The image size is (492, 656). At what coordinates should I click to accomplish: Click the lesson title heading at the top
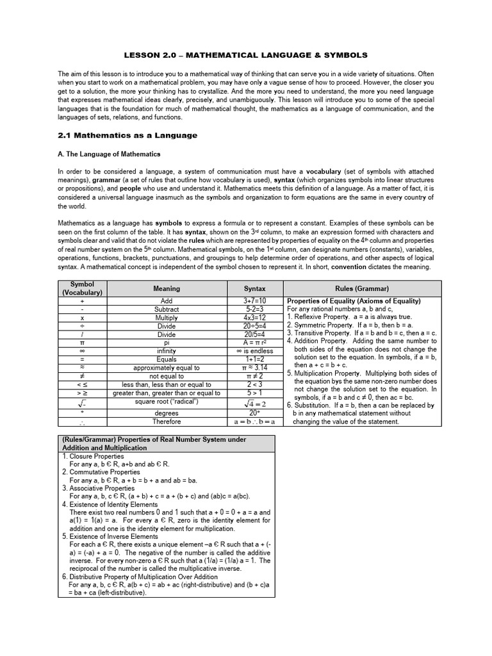coord(246,55)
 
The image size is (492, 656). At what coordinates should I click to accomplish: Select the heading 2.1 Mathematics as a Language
coord(127,136)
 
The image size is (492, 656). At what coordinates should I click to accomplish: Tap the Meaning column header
coord(167,288)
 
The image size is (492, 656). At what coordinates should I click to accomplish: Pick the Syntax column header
coord(254,289)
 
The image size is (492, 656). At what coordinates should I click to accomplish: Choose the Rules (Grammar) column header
coord(362,289)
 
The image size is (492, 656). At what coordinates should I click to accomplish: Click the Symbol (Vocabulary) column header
coord(82,288)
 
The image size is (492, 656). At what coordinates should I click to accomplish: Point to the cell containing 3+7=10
coord(254,300)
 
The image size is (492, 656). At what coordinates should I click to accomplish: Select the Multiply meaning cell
coord(167,317)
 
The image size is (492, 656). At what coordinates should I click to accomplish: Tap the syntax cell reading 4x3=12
coord(254,317)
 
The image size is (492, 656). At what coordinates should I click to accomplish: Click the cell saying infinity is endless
coord(254,351)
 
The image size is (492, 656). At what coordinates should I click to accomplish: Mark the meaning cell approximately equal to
coord(167,368)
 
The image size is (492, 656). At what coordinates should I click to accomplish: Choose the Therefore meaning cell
coord(167,422)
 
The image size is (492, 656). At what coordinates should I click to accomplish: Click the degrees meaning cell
coord(167,413)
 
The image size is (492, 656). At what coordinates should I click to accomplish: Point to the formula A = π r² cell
coord(254,343)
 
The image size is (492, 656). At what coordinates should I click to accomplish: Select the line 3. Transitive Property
coord(361,333)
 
